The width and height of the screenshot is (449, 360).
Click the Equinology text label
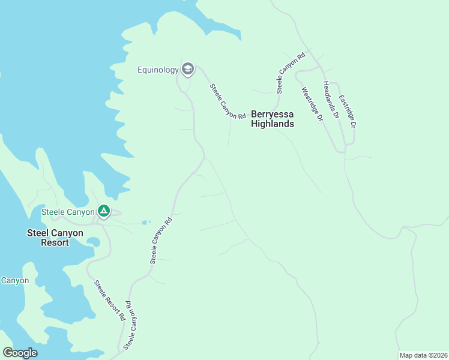pyautogui.click(x=158, y=70)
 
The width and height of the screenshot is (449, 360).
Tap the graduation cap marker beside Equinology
pyautogui.click(x=188, y=70)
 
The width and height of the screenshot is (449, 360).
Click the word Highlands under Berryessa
pyautogui.click(x=273, y=124)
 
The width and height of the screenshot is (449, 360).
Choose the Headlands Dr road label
pyautogui.click(x=331, y=99)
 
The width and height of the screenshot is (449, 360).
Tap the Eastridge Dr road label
pyautogui.click(x=348, y=112)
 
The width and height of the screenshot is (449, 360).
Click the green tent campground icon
pyautogui.click(x=103, y=211)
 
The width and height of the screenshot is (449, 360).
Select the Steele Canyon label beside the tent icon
pyautogui.click(x=68, y=212)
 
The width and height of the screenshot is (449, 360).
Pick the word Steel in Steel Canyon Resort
pyautogui.click(x=38, y=233)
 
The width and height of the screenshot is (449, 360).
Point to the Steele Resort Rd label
pyautogui.click(x=109, y=299)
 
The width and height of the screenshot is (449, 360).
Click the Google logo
pyautogui.click(x=20, y=352)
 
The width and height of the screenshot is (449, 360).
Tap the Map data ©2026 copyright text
pyautogui.click(x=423, y=355)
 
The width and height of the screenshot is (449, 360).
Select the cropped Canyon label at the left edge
pyautogui.click(x=14, y=280)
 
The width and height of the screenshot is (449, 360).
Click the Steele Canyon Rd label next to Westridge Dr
pyautogui.click(x=291, y=73)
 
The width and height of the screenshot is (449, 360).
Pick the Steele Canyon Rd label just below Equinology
pyautogui.click(x=228, y=101)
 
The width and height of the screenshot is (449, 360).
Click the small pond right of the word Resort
pyautogui.click(x=93, y=242)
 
